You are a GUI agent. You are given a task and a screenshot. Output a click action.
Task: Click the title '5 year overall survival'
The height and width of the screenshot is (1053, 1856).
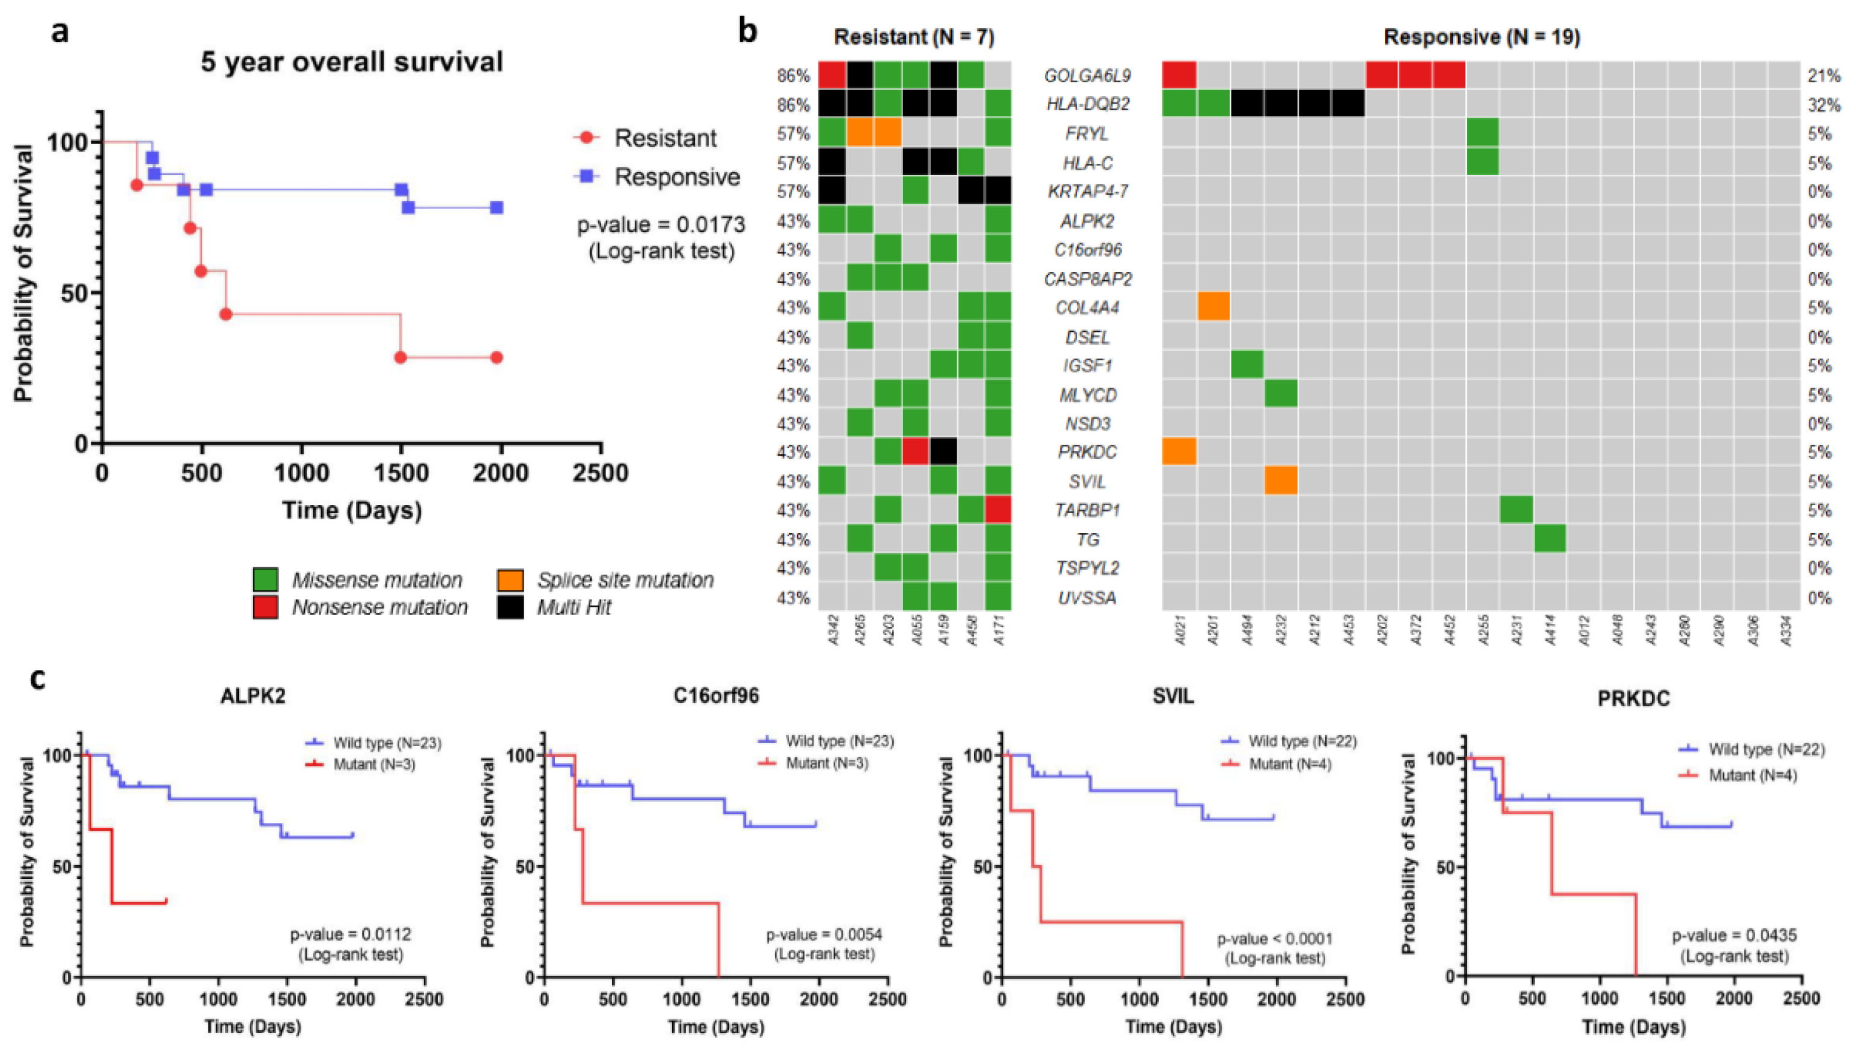[352, 61]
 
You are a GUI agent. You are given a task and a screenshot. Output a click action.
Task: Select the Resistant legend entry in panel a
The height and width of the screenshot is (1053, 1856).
[664, 138]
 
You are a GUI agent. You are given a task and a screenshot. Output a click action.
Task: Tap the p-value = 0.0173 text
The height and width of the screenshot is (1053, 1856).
[660, 225]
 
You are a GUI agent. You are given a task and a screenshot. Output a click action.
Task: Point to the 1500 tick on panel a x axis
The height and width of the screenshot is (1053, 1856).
[401, 473]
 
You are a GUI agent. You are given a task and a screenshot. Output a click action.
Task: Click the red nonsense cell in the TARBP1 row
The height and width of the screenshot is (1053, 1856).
[997, 510]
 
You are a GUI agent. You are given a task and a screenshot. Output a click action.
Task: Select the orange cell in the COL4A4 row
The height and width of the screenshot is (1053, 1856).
[1214, 308]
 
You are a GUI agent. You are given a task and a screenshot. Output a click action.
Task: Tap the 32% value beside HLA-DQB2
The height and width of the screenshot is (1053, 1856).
[1824, 105]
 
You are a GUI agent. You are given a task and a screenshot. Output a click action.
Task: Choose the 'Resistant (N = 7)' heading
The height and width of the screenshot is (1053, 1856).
[913, 37]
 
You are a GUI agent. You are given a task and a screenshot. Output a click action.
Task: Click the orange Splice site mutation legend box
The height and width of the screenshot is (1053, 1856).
[510, 580]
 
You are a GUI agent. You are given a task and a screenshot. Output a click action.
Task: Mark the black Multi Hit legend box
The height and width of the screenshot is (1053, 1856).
[510, 607]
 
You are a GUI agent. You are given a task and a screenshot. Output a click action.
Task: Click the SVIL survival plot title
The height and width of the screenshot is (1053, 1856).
[1173, 696]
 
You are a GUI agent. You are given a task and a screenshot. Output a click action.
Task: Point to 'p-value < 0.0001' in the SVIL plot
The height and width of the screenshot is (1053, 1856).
[1274, 939]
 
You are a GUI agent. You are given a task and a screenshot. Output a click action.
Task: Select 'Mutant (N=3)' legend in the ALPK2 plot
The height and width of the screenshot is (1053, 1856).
[373, 763]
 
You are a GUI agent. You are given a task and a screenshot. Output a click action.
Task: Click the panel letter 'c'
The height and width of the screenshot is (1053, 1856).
[38, 680]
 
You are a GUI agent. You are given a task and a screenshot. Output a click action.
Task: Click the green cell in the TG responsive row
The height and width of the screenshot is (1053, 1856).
[1550, 539]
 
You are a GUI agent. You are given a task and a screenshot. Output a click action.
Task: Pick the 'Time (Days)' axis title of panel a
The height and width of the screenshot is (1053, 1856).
[352, 510]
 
